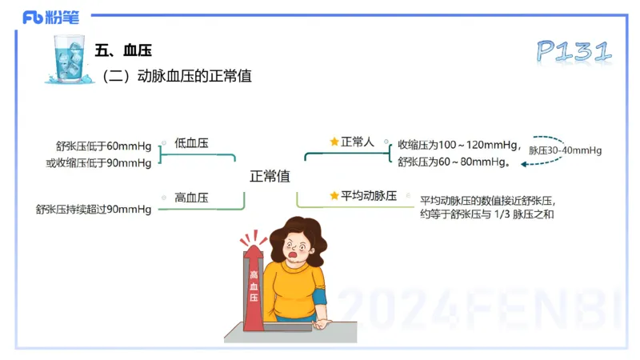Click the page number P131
point(574,50)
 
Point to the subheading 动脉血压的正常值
point(183,76)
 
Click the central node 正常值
point(270,175)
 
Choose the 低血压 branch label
point(191,142)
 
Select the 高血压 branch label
point(191,197)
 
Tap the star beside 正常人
point(334,142)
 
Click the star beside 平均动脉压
point(334,195)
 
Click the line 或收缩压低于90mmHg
point(98,163)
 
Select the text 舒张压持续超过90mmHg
point(93,210)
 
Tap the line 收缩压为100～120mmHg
point(457,145)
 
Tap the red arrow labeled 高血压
point(254,288)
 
